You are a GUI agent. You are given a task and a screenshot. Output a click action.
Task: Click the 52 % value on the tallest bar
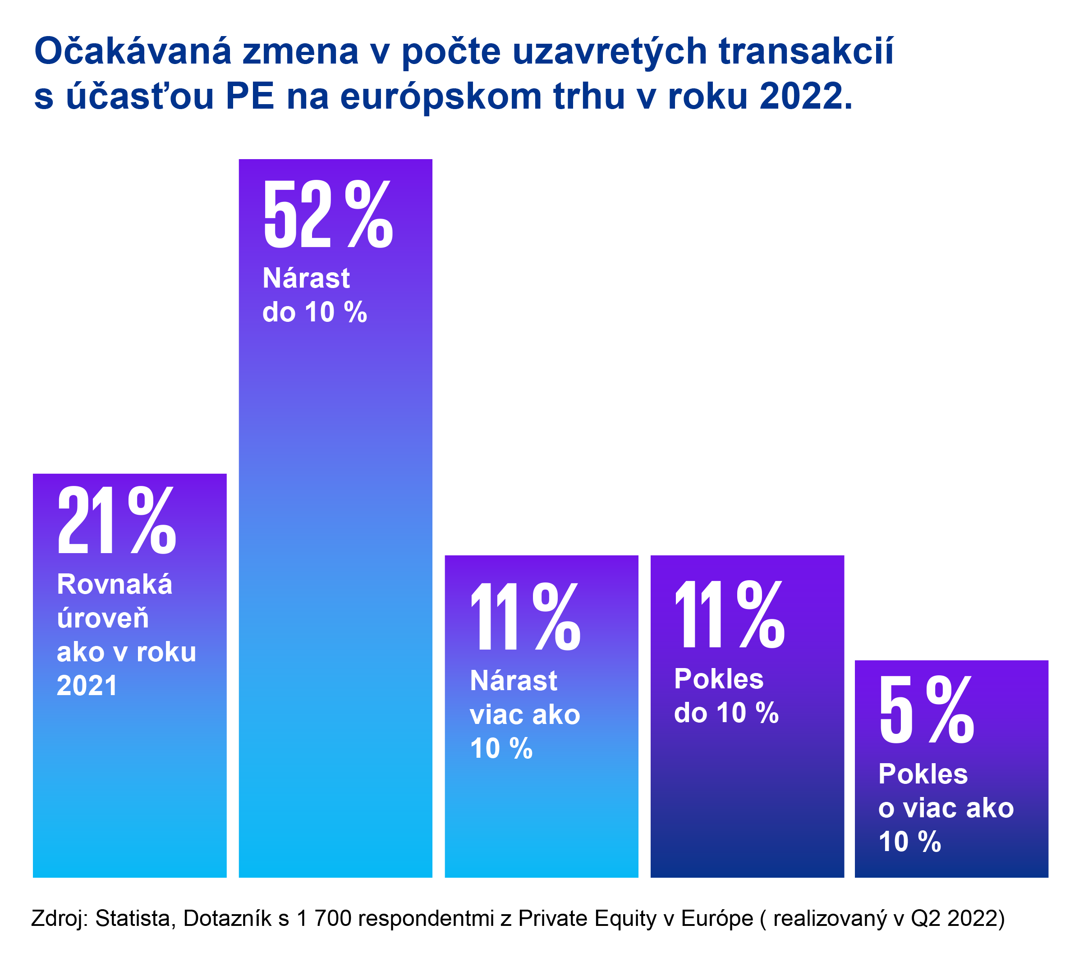(327, 214)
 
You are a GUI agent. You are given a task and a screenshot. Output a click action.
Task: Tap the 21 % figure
(116, 521)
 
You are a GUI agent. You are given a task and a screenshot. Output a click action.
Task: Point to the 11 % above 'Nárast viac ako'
(525, 617)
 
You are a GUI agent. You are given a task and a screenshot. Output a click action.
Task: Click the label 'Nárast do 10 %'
(315, 294)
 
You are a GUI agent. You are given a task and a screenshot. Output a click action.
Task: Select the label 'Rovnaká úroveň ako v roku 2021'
(126, 635)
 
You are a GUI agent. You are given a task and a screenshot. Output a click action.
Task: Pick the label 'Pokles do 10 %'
(726, 696)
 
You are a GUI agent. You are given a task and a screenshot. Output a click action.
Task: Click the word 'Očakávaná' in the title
(133, 51)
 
